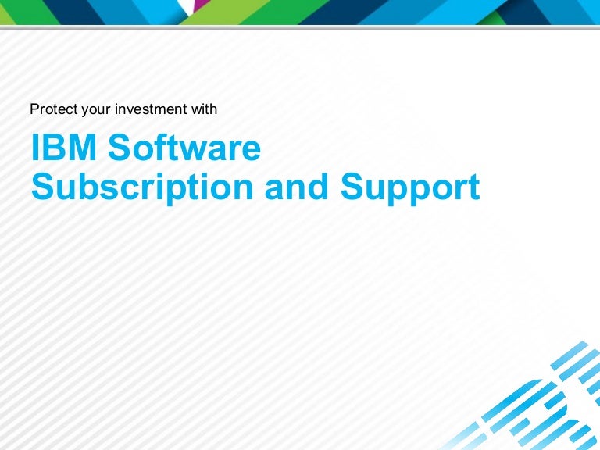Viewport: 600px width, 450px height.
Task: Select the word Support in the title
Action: [x=410, y=187]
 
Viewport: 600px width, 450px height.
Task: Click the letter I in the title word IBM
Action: [x=35, y=148]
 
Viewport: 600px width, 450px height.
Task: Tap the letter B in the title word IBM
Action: [x=53, y=148]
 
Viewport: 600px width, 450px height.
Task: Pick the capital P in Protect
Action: [x=34, y=109]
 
